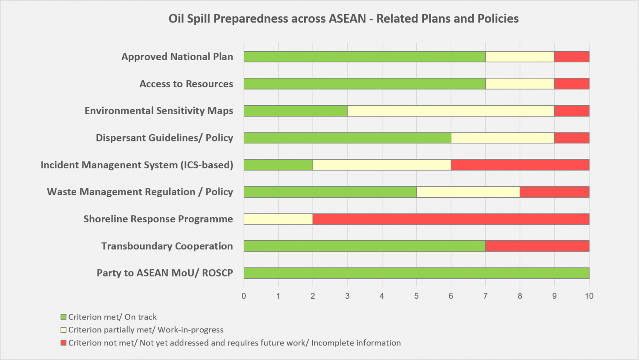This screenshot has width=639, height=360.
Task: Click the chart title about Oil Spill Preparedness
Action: click(x=343, y=19)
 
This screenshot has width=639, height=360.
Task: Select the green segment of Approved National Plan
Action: click(x=365, y=57)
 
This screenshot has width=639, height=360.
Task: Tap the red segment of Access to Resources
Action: click(x=572, y=84)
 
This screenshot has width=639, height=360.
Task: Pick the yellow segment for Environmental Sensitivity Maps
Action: click(x=451, y=111)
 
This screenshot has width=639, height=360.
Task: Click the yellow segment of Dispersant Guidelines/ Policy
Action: click(x=503, y=138)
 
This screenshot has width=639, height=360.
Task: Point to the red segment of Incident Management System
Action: click(x=520, y=165)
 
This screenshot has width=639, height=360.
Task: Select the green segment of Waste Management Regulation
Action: click(x=330, y=192)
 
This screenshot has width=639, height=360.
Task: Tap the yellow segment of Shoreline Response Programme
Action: click(x=279, y=219)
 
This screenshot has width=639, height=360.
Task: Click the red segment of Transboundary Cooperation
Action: click(x=538, y=246)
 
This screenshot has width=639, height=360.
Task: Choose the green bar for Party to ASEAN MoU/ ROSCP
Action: click(x=417, y=273)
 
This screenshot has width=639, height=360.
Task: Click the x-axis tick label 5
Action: click(x=416, y=296)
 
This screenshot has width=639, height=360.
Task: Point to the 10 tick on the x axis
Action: click(x=589, y=296)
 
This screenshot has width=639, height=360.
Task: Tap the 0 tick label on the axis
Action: click(x=244, y=296)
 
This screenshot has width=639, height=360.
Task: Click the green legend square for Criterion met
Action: click(x=63, y=317)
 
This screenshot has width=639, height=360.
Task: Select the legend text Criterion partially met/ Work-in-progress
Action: click(x=146, y=330)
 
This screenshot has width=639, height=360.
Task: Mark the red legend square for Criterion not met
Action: click(x=63, y=343)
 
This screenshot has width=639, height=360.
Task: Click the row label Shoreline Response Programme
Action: click(x=158, y=219)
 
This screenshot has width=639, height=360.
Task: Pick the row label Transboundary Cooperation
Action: click(x=167, y=246)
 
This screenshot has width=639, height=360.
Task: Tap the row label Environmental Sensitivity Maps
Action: click(x=159, y=111)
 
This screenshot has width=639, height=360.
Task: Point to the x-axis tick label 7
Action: click(x=485, y=296)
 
